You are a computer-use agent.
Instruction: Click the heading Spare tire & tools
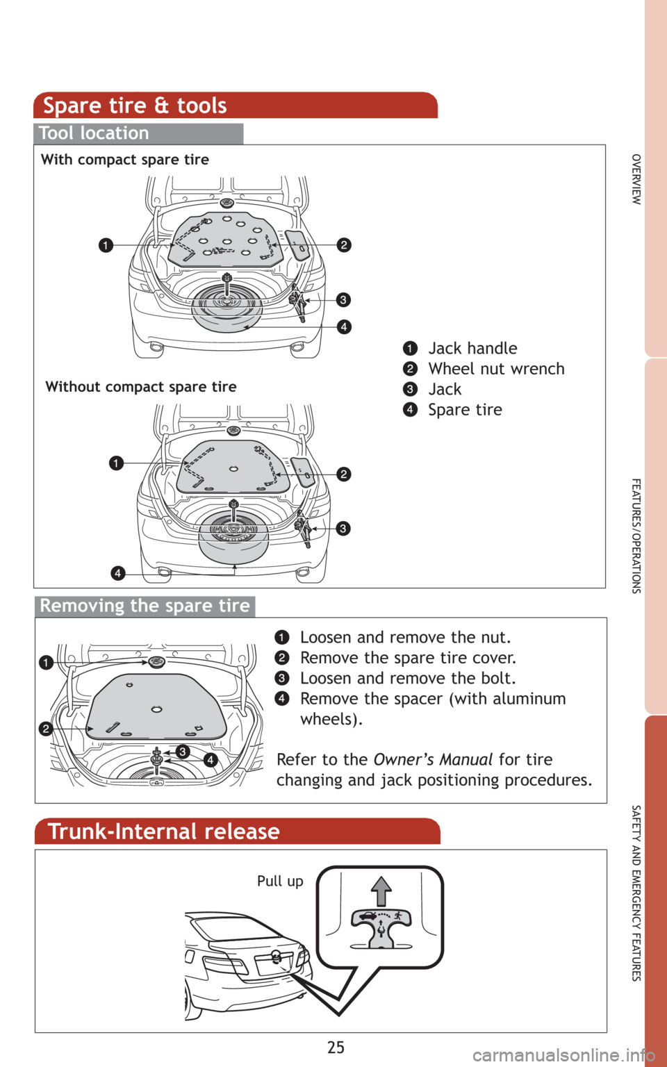point(135,106)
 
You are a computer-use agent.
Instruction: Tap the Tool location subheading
point(94,133)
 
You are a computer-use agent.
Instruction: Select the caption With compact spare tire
point(125,160)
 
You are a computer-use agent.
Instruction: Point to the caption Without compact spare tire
point(141,387)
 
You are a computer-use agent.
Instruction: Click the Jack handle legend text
point(472,348)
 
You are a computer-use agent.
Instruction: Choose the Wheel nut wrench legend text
point(496,369)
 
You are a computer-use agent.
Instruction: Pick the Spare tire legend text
point(465,410)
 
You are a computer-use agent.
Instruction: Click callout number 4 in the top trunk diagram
point(343,326)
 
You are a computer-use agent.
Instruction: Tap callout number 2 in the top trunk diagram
point(343,245)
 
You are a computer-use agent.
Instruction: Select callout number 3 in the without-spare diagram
point(343,529)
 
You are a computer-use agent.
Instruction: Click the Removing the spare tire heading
point(145,606)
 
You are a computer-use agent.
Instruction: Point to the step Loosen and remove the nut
point(405,638)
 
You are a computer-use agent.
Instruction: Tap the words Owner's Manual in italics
point(433,759)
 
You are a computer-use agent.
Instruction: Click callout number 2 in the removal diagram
point(45,729)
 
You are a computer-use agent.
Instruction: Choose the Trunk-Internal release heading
point(164,832)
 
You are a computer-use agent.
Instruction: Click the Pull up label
point(280,881)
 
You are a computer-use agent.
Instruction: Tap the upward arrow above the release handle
point(381,891)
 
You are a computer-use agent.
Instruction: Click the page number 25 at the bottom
point(335,1047)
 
